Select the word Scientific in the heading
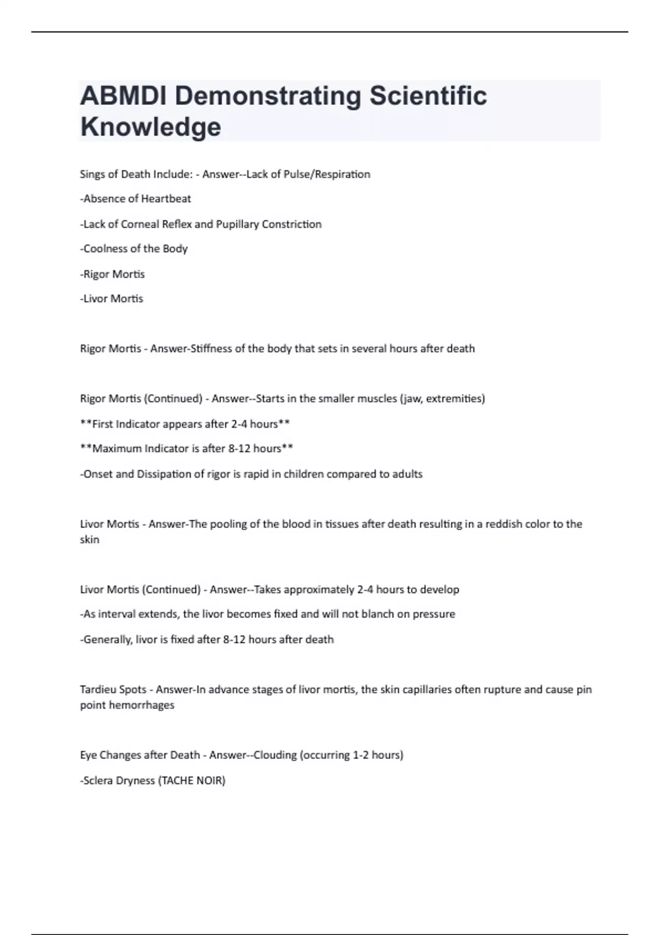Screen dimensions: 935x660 [x=428, y=96]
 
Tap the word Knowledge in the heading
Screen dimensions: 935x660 [x=151, y=127]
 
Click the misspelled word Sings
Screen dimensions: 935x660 [x=92, y=174]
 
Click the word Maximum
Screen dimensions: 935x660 [x=117, y=449]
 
